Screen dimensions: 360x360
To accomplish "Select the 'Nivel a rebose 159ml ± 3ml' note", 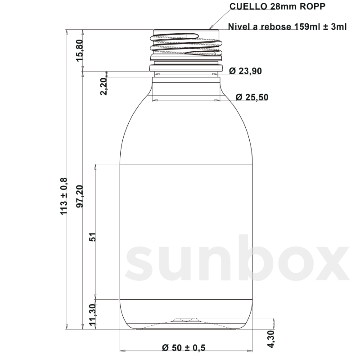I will (x=287, y=27).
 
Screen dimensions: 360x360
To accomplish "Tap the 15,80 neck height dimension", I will (x=80, y=50).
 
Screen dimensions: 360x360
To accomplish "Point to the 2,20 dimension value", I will (x=104, y=86).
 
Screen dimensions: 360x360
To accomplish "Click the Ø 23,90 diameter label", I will (x=245, y=71).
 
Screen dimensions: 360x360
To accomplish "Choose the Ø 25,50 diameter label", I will (x=252, y=97).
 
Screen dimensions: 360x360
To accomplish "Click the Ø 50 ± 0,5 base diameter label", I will (x=183, y=348).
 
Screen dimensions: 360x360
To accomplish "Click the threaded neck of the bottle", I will (x=186, y=45).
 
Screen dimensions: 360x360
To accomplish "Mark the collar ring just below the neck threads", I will (x=186, y=68).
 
